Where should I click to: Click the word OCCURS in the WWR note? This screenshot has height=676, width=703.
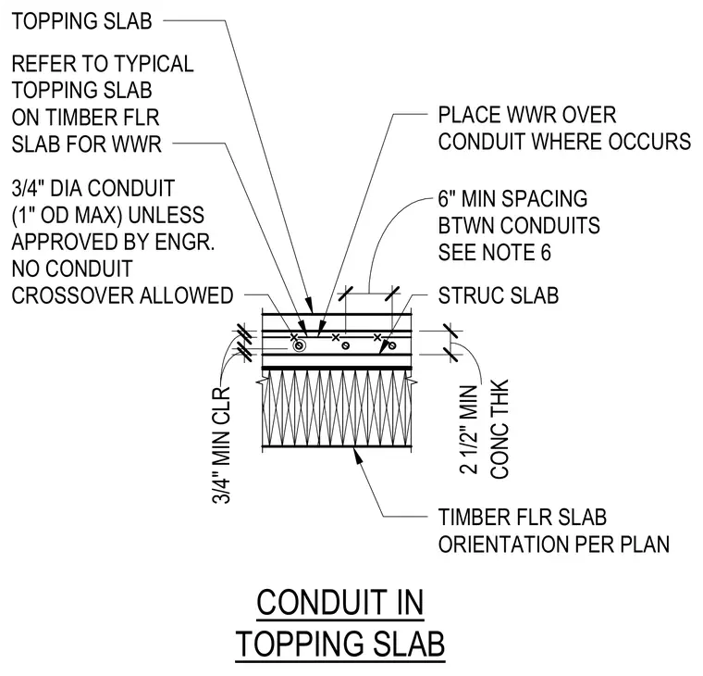(x=649, y=142)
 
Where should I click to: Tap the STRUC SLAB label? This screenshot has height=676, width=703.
(x=499, y=295)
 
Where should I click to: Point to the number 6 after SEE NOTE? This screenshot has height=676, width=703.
(x=545, y=252)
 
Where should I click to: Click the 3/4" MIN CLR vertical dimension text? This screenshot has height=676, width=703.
(x=220, y=444)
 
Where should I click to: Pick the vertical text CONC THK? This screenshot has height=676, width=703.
(x=499, y=430)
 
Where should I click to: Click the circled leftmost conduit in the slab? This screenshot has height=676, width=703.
(x=300, y=345)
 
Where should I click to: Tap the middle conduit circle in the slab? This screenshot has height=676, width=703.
(x=346, y=345)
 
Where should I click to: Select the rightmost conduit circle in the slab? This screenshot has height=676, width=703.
(x=392, y=345)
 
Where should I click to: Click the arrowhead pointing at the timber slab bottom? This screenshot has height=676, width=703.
(x=357, y=454)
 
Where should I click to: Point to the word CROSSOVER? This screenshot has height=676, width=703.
(x=72, y=295)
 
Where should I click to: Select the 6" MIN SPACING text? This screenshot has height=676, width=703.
(x=512, y=199)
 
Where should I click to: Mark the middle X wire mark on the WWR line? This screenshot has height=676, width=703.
(x=336, y=337)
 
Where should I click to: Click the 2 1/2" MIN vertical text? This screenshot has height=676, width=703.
(x=469, y=430)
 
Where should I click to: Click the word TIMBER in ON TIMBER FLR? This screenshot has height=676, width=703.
(x=79, y=118)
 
